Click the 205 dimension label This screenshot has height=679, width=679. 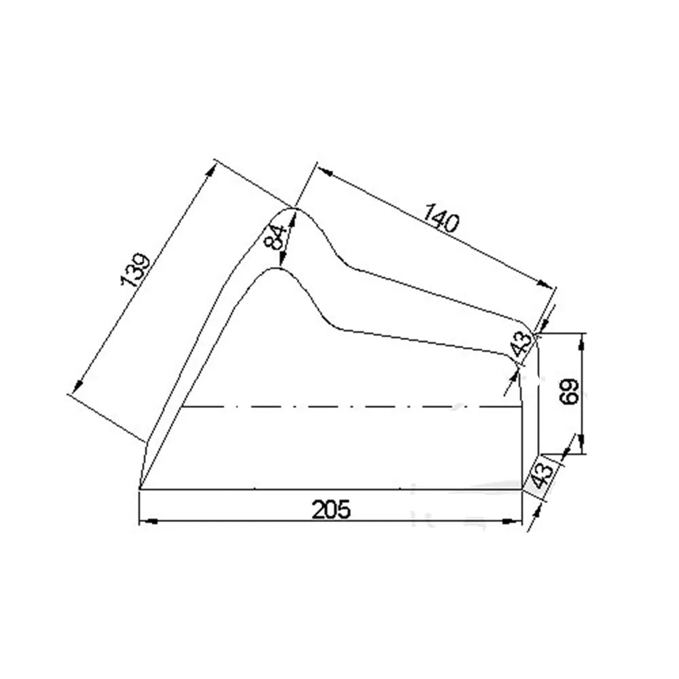pyautogui.click(x=332, y=509)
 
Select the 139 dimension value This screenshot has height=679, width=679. pyautogui.click(x=134, y=270)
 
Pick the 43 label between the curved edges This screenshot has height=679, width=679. pyautogui.click(x=522, y=344)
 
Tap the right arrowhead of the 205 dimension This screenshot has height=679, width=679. pyautogui.click(x=515, y=521)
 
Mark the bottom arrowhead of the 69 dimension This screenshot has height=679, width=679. pyautogui.click(x=582, y=448)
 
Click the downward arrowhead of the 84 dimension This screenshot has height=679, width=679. pyautogui.click(x=282, y=261)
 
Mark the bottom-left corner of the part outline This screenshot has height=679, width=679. pyautogui.click(x=139, y=488)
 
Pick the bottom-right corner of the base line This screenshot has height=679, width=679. pyautogui.click(x=521, y=488)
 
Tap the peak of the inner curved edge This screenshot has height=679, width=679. pyautogui.click(x=277, y=269)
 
